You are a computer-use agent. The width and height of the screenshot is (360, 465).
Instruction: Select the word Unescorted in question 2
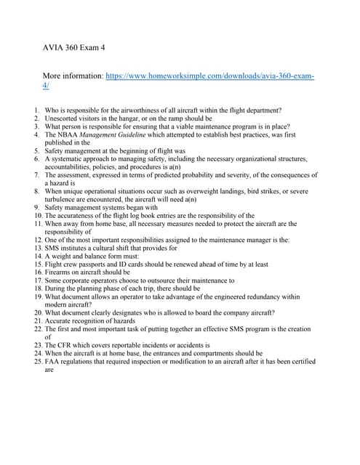(60, 118)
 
